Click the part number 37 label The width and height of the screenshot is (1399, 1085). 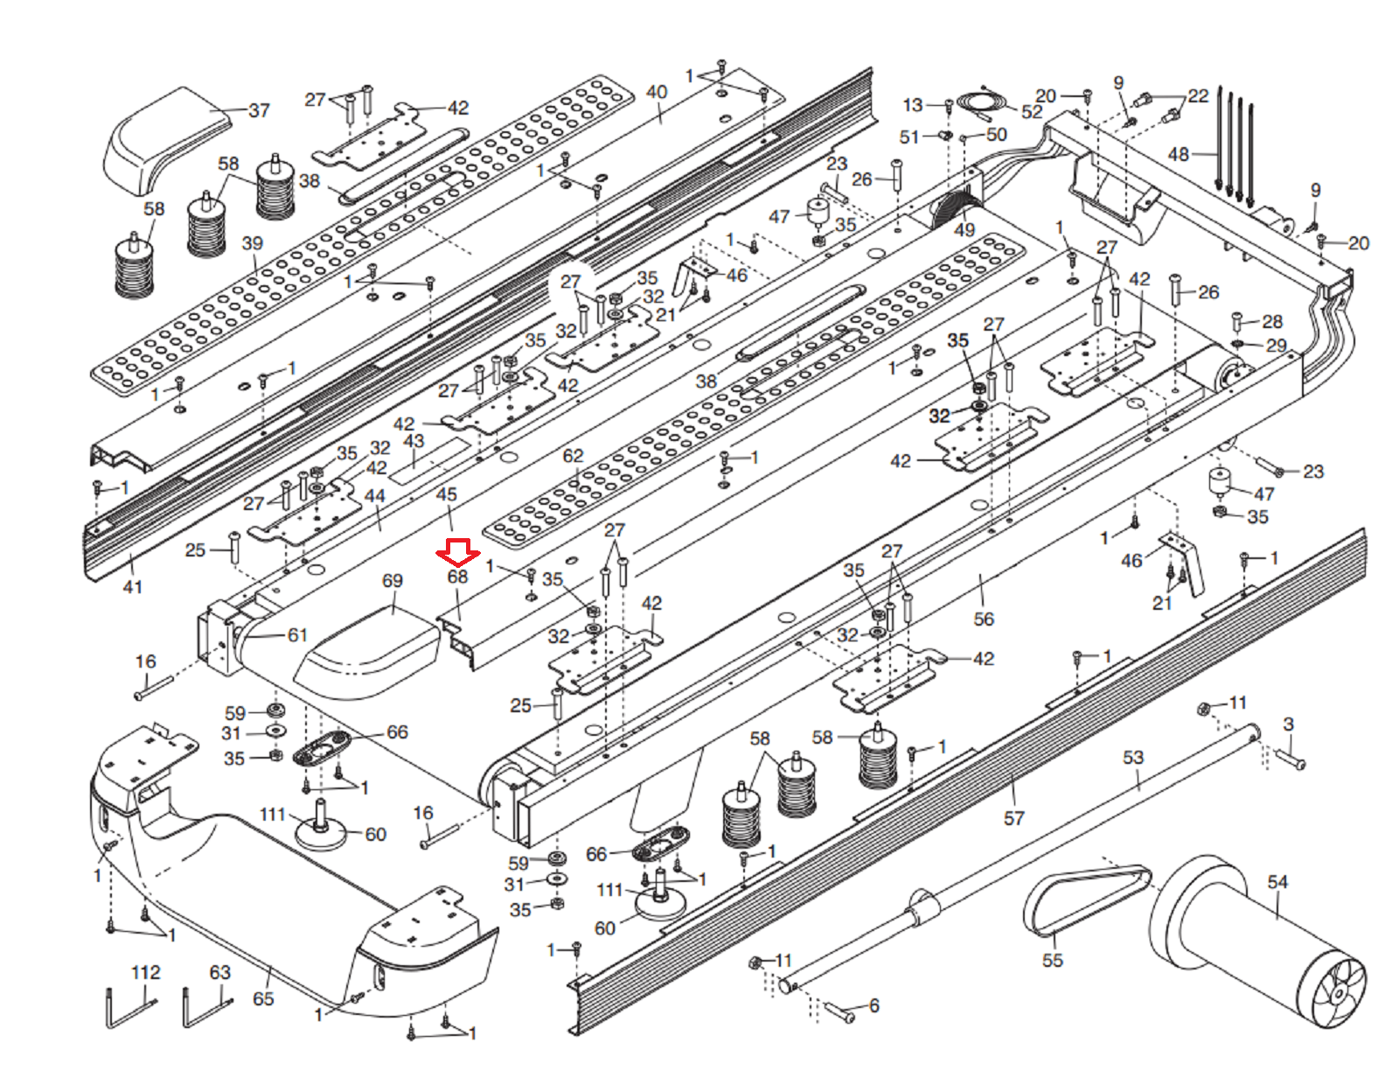pos(259,110)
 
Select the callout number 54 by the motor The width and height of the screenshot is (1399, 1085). pos(1277,881)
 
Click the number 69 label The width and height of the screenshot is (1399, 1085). pos(392,580)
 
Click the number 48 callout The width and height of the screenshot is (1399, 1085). pos(1178,155)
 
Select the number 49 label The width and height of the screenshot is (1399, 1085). pos(964,229)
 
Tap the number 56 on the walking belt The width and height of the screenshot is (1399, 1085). pos(983,619)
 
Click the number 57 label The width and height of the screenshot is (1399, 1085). pos(1013,818)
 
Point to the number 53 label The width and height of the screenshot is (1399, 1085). pos(1132,757)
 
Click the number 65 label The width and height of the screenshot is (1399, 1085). pos(263,998)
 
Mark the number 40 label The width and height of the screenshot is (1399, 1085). pos(657,92)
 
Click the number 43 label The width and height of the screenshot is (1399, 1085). pos(414,441)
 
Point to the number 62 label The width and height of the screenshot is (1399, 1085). pos(573,456)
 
